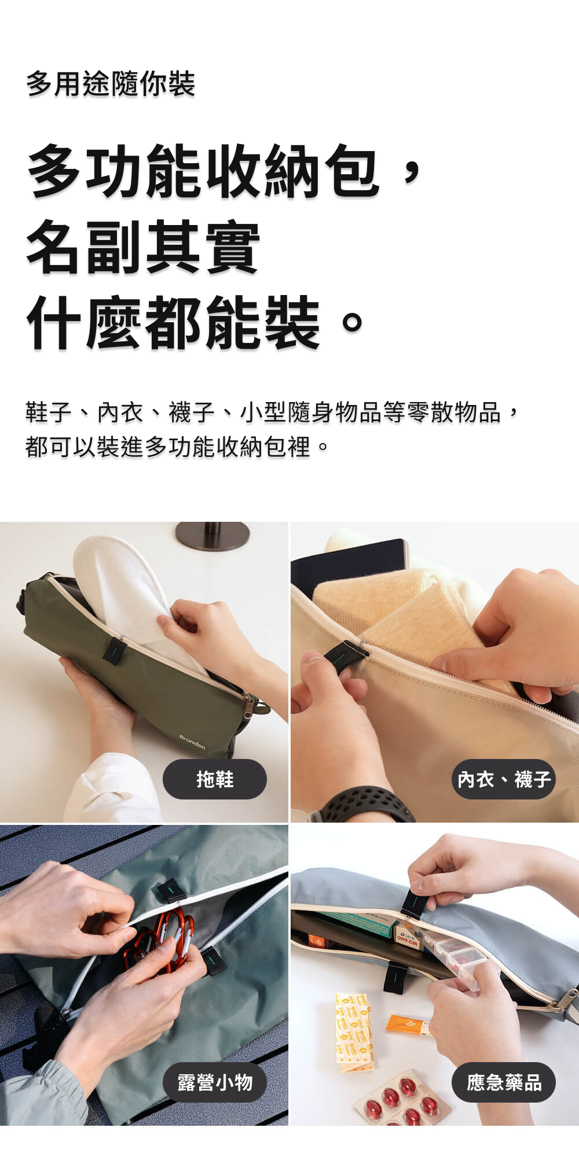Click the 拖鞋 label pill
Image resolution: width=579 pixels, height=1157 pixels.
coord(214,779)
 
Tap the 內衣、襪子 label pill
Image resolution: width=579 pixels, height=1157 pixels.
coord(503,779)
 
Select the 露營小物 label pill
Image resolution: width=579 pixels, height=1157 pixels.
coord(214,1082)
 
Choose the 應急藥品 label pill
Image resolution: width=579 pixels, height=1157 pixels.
coord(503,1082)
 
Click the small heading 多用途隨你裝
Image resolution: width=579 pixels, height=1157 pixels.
coord(111,84)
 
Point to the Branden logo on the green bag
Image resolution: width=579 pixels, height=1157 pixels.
coord(192,742)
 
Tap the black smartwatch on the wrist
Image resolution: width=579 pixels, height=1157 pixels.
coord(365,804)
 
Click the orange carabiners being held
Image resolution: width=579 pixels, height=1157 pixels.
coord(159,934)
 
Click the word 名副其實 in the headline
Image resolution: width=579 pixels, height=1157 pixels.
coord(143,247)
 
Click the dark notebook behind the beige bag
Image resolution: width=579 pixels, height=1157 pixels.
coord(347,564)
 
